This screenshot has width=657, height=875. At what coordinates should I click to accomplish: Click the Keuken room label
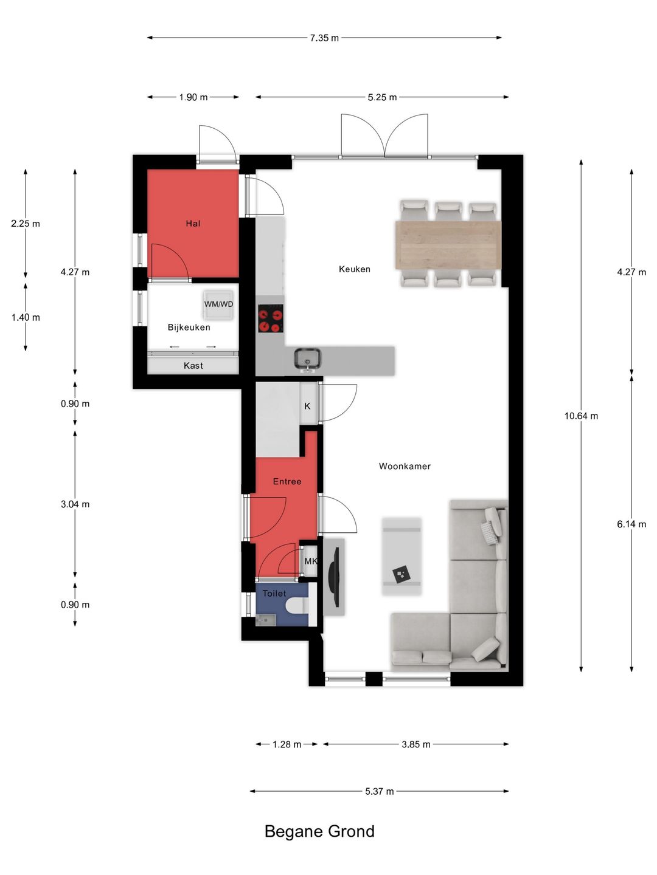tap(354, 269)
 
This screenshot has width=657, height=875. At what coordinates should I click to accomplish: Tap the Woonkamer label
tap(405, 466)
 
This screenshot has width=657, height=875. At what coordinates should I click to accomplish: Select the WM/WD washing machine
tap(218, 304)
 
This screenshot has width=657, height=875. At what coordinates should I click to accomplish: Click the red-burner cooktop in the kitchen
tap(271, 318)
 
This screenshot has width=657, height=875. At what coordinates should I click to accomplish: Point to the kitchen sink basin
tap(307, 359)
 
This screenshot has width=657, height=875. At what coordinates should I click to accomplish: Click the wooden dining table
tap(448, 245)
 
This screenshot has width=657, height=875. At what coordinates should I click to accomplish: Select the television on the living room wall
tap(334, 577)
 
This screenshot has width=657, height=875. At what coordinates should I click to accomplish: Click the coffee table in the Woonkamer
tap(401, 557)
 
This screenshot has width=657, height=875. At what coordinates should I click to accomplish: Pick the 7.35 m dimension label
tap(324, 38)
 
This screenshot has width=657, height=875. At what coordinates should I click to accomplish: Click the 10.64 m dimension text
tap(581, 416)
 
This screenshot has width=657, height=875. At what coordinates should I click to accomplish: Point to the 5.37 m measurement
tap(380, 791)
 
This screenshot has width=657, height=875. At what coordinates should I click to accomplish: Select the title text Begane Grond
tap(319, 831)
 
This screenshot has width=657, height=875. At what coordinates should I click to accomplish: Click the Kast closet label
tap(193, 366)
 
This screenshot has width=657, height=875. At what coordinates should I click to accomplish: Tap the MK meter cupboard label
tap(311, 561)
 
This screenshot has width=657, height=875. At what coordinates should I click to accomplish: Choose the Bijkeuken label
tap(189, 328)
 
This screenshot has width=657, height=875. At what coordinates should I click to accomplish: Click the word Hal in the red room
tap(193, 223)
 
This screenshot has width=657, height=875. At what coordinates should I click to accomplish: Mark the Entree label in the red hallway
tap(287, 481)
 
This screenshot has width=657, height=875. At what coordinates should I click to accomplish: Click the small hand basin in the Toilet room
tap(265, 620)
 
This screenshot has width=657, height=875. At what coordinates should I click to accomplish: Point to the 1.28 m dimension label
tap(287, 744)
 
